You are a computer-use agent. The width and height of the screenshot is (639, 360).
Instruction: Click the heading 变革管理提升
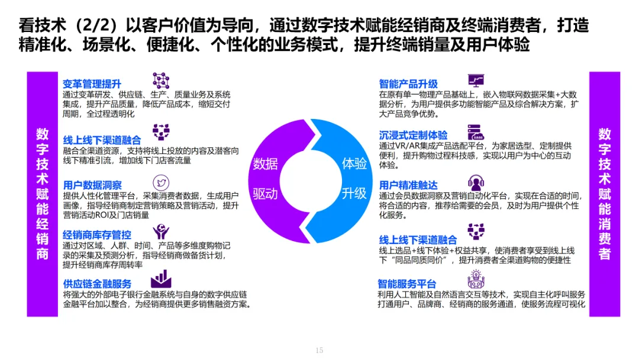coord(92,84)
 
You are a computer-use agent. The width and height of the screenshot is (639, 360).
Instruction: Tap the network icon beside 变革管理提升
coord(161,81)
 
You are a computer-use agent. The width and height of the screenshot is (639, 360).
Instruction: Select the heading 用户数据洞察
coord(93,185)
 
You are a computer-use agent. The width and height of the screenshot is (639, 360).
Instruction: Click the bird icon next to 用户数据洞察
coord(161,182)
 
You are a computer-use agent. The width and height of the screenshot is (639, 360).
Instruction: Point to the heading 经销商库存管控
coord(97,234)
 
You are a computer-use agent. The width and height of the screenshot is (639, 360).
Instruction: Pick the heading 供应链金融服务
coord(97,284)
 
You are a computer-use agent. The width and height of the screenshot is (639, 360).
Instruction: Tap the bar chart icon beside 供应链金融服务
coord(161,279)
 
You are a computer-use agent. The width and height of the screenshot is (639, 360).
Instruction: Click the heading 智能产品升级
coord(408,84)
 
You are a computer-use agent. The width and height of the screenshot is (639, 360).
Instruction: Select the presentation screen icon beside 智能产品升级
coord(476,81)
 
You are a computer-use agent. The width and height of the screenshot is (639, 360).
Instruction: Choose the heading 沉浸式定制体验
coord(413,135)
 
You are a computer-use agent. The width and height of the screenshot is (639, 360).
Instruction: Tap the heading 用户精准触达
coord(408,185)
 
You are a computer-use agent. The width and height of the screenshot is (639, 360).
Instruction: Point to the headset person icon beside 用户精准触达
coord(476,182)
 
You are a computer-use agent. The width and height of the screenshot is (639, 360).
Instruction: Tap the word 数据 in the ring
coord(266,164)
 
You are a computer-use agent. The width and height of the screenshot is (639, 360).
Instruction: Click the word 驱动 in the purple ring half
coord(266,194)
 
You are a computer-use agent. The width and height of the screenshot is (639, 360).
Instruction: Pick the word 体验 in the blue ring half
coord(354,163)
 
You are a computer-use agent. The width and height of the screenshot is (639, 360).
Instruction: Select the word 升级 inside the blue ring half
coord(354,193)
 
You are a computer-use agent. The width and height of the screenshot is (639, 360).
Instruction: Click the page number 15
coord(319,351)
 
